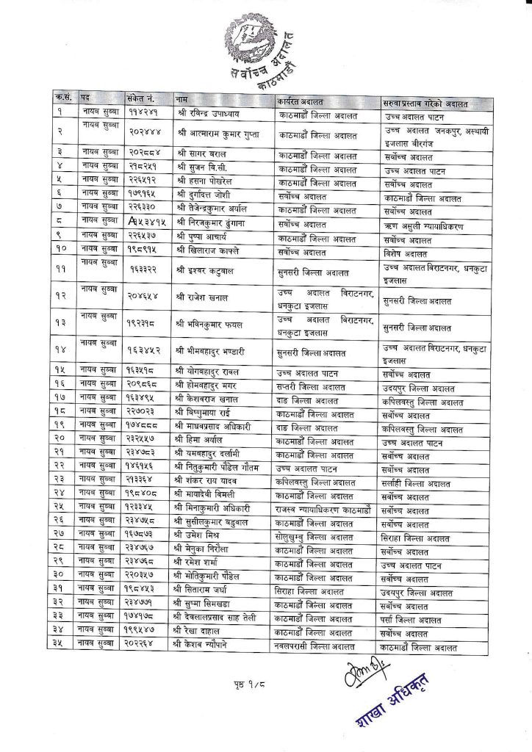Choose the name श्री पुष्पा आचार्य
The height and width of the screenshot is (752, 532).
pos(203,239)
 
